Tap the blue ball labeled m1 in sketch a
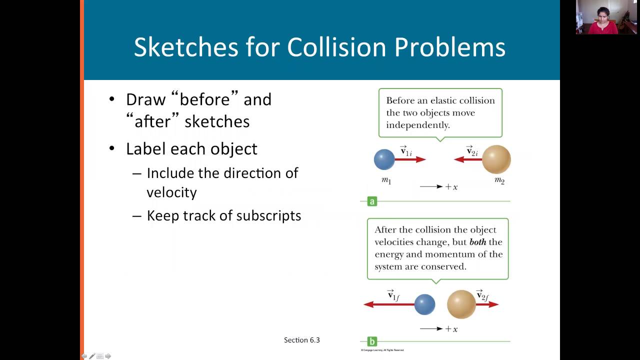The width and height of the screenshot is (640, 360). tap(384, 159)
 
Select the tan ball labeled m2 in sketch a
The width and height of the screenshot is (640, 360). tap(496, 159)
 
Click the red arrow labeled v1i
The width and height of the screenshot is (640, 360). tap(411, 159)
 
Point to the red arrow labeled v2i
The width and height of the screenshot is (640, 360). tap(467, 159)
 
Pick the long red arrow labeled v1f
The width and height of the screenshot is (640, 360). tap(389, 304)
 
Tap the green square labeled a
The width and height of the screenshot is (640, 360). tap(371, 201)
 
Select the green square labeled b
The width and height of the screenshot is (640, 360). tap(371, 341)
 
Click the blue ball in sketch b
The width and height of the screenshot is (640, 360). tap(425, 304)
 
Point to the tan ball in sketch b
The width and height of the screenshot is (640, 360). tap(461, 304)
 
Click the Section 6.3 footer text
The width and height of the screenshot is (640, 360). tap(302, 340)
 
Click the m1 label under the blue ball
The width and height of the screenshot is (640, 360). tap(386, 180)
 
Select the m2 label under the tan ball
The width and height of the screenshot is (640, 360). tap(499, 180)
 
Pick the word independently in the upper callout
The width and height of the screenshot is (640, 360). tap(418, 125)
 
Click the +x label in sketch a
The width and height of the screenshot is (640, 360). tap(451, 187)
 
